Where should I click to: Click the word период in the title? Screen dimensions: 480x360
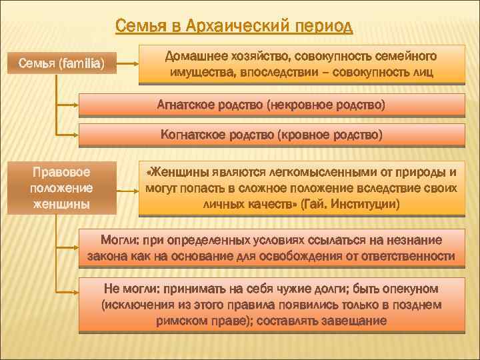(322, 27)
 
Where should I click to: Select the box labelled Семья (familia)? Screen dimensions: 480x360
(62, 65)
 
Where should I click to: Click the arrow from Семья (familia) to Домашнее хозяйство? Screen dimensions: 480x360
(127, 65)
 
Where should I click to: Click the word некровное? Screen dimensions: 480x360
(299, 105)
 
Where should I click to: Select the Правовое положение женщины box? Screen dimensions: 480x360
(62, 188)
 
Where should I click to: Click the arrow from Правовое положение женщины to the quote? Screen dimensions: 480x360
(127, 189)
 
